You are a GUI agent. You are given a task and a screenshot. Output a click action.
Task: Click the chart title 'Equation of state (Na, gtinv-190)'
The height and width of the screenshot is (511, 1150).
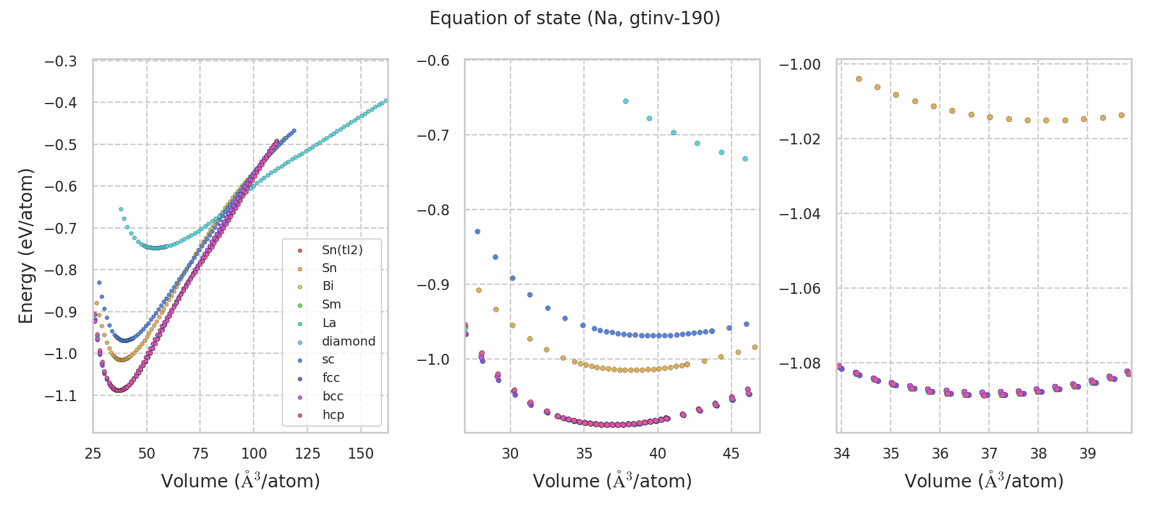[574, 19]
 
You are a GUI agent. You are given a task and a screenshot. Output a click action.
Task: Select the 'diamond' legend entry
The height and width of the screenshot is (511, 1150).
[348, 341]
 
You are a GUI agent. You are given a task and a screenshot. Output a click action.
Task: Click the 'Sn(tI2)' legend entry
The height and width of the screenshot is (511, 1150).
[342, 250]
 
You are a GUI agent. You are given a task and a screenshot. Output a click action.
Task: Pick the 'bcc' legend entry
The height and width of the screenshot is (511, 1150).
[332, 396]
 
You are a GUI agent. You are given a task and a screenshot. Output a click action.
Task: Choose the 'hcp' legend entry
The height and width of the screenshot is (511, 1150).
[333, 415]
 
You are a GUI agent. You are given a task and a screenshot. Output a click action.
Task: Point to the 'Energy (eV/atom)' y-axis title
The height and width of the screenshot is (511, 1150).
[26, 246]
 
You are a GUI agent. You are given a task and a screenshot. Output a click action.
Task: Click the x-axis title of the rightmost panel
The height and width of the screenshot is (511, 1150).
[984, 481]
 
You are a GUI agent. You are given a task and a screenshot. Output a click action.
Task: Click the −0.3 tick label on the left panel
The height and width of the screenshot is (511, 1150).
[61, 61]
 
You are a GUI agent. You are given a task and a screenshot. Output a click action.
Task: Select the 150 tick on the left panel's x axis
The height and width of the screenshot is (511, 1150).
[361, 454]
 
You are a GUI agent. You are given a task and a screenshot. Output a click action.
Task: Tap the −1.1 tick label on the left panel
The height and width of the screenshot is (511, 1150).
[61, 396]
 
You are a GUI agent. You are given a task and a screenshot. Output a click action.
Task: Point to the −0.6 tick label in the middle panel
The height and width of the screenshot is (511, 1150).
[433, 61]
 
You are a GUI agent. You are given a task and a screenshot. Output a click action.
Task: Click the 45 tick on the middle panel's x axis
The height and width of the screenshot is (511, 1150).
[731, 454]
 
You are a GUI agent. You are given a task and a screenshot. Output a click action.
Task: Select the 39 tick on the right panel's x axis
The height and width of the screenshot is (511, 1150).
[1087, 454]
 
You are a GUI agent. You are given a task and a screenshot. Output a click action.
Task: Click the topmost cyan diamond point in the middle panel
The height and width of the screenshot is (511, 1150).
[625, 101]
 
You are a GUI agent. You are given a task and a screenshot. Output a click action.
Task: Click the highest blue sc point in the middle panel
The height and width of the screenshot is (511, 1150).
[477, 231]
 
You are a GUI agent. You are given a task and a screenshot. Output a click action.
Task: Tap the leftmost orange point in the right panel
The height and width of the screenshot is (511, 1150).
[859, 79]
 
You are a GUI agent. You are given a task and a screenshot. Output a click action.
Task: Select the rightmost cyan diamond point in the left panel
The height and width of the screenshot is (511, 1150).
[386, 100]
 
